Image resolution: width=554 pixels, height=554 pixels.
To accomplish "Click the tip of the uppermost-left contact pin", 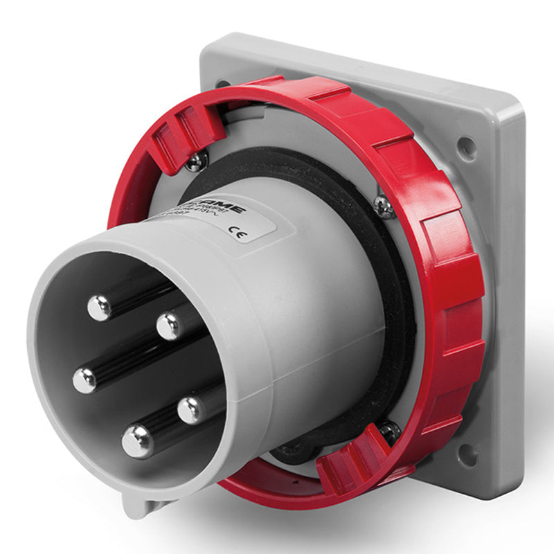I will tap(100, 307).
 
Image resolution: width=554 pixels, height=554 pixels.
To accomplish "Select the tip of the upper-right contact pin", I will tap(168, 326).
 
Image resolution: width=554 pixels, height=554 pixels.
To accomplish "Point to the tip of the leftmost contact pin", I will tap(85, 380).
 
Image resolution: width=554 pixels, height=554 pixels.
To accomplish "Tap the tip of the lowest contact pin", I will tap(137, 440).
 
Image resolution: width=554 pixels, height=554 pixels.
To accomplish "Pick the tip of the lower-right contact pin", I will tap(190, 410).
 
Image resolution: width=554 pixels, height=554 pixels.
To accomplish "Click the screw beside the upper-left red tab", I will tap(196, 161).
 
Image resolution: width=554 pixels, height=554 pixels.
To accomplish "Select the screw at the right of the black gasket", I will tap(382, 206).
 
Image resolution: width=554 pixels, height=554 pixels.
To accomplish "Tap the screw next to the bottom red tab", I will tap(389, 432).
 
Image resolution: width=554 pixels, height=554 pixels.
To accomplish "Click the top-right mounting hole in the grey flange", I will tap(467, 147).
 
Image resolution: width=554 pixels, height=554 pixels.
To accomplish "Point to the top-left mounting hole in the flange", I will tap(223, 84).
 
